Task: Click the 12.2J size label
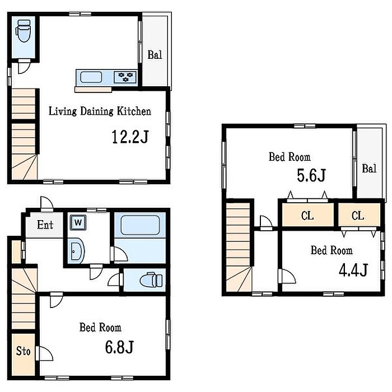[x=130, y=137]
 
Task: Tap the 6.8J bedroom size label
[x=119, y=347]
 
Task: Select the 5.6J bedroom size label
[x=311, y=175]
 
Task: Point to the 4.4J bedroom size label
[x=353, y=270]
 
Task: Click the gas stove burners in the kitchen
[x=125, y=77]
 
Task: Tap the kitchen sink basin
[x=91, y=77]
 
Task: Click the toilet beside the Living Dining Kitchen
[x=24, y=31]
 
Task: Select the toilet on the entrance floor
[x=151, y=280]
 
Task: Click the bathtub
[x=140, y=225]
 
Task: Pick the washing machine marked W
[x=78, y=222]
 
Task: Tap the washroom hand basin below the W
[x=76, y=251]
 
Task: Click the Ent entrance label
[x=45, y=225]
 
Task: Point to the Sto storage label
[x=24, y=351]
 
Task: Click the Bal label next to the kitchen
[x=155, y=55]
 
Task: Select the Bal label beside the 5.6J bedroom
[x=369, y=169]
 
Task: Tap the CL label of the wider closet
[x=307, y=216]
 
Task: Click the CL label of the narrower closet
[x=358, y=216]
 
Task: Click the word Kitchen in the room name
[x=134, y=111]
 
